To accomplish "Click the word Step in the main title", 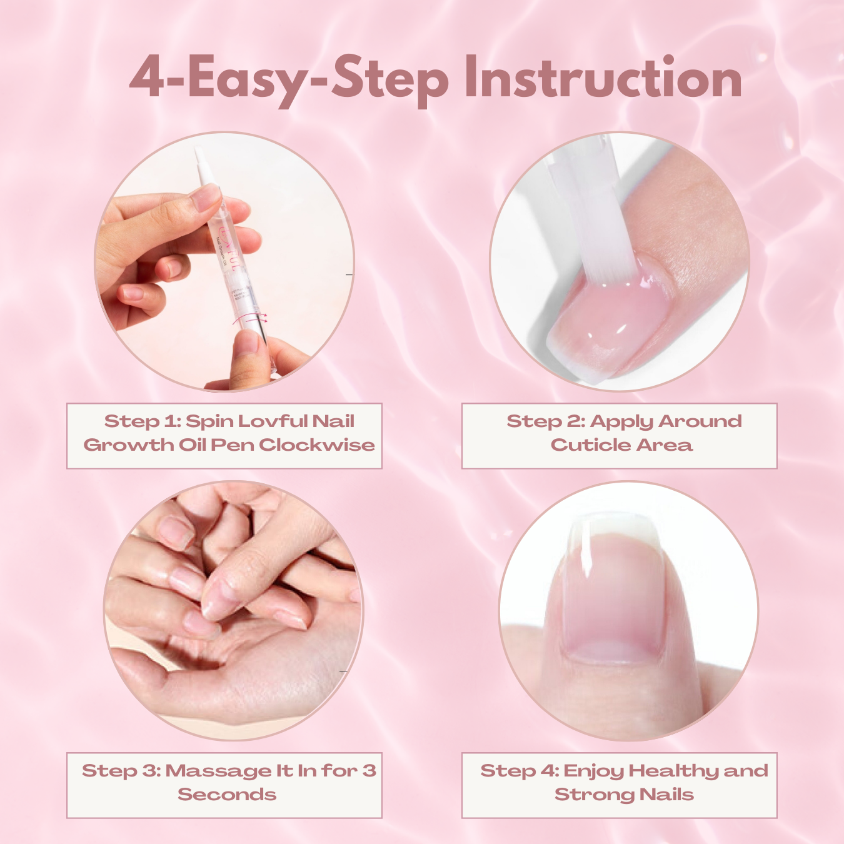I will point(389,79).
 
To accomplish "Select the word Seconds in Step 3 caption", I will point(227,795).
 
